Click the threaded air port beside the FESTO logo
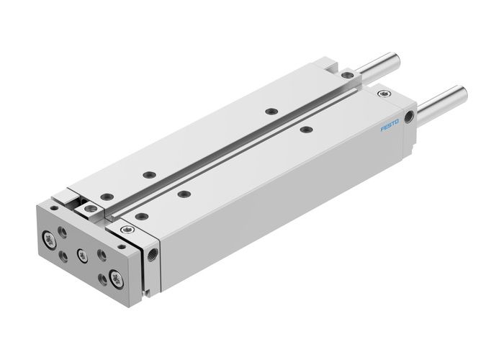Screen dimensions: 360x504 tap(410, 115)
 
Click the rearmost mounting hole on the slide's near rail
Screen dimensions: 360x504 tap(307, 130)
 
